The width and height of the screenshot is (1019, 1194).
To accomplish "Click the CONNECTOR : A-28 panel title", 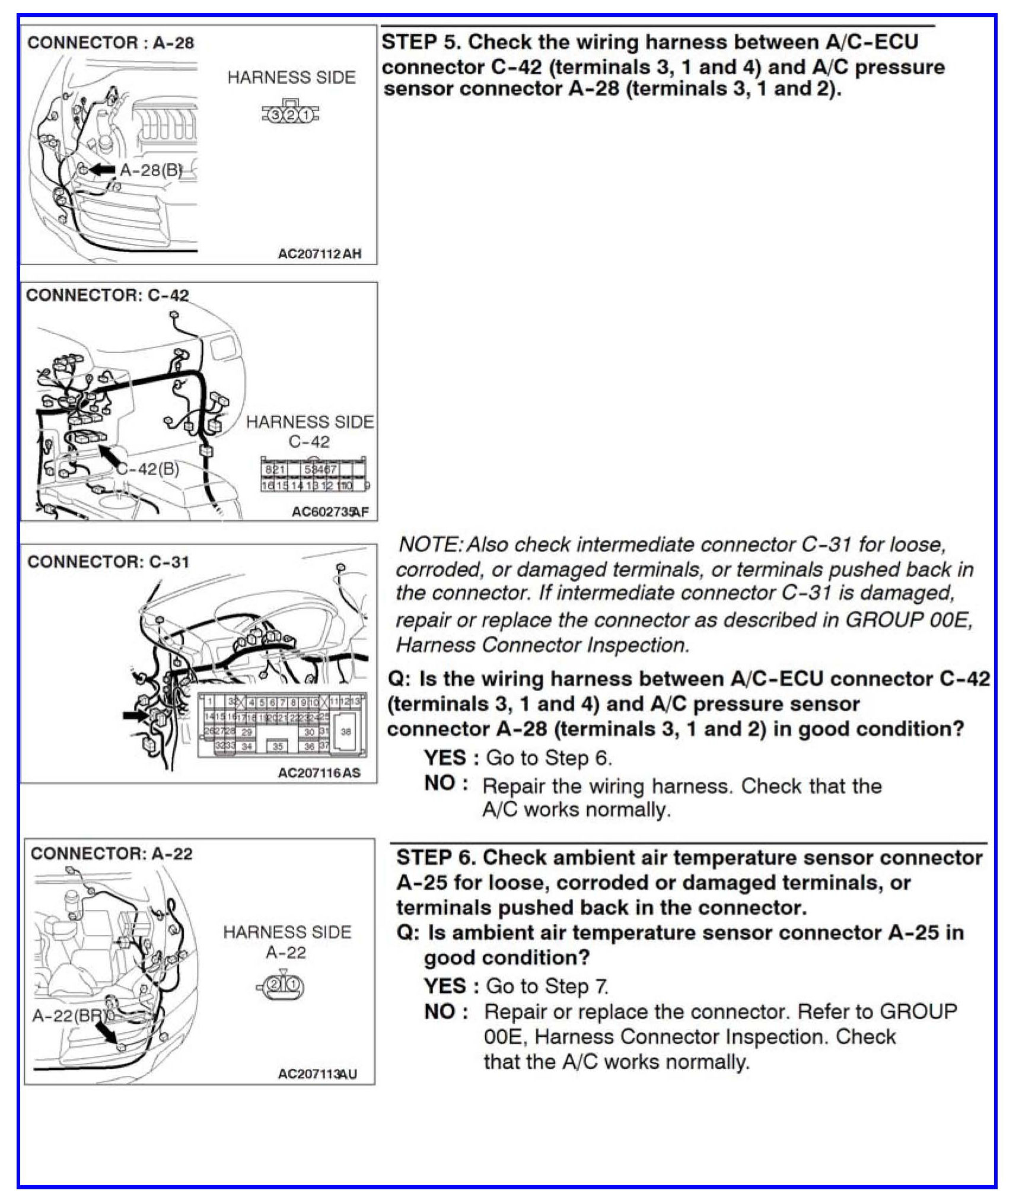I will coord(110,43).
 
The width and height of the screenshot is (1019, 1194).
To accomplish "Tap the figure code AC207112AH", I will coord(319,254).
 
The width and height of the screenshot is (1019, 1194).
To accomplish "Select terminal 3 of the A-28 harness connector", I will coord(275,114).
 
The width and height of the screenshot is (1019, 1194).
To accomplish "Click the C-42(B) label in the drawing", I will coord(148,469).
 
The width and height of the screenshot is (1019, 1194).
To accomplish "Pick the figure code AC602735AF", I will coord(330,511).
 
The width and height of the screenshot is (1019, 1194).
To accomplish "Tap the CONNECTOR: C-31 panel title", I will coord(108,562).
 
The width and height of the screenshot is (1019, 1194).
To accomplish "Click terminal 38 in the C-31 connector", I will coord(346,731).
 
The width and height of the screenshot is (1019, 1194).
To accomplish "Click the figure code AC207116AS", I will coord(319,773).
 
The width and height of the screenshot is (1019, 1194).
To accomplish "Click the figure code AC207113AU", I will coord(317,1074).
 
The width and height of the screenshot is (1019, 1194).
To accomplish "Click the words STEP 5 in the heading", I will coord(421,42).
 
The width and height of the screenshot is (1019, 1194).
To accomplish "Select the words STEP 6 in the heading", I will coord(435,858).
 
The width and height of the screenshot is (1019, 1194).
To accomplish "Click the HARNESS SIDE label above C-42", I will coord(310,422).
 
